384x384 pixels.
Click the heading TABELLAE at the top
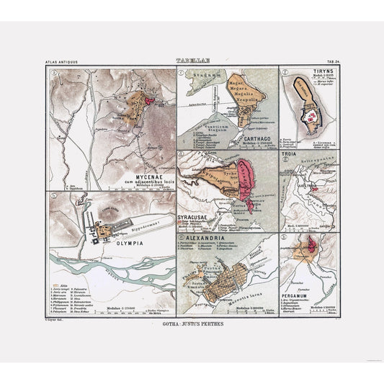pos(192,62)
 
